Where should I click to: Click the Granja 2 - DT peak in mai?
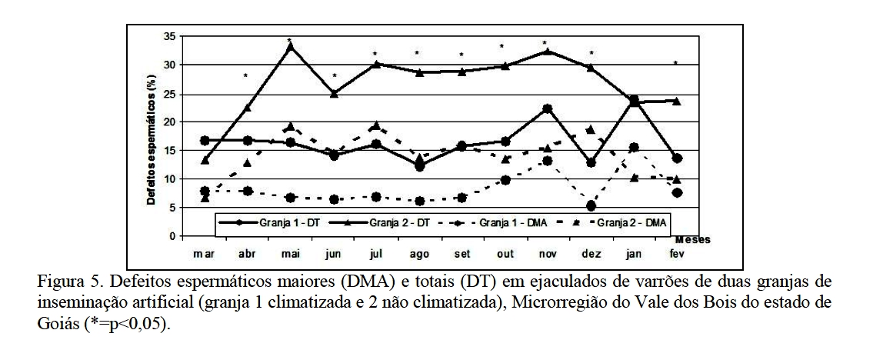pos(289,47)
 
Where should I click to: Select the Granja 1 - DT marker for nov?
pos(545,108)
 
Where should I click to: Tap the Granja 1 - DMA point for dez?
pos(590,206)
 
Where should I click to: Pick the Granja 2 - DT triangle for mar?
pos(204,160)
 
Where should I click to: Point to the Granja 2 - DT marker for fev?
pos(676,101)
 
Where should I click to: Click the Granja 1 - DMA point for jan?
pos(634,148)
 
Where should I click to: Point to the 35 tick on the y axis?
pos(168,36)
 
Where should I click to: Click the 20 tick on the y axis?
pos(168,122)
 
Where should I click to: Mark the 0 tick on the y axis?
pos(171,235)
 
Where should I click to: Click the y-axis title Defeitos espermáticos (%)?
pos(152,135)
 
